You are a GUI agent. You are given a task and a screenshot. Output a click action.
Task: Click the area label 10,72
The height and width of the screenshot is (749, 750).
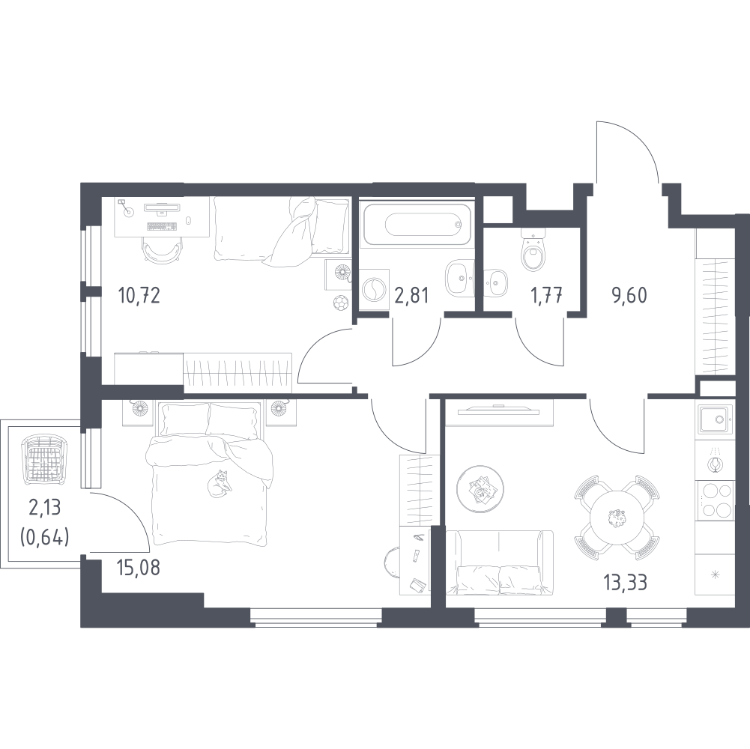[139, 296]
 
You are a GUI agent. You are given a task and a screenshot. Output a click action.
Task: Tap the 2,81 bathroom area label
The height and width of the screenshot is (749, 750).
[411, 296]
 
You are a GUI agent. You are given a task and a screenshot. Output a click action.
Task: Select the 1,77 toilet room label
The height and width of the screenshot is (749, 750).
[545, 295]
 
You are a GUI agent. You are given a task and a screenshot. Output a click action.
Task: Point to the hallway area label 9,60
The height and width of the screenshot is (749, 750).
[629, 296]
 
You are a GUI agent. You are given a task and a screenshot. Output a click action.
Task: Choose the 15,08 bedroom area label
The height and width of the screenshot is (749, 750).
[138, 568]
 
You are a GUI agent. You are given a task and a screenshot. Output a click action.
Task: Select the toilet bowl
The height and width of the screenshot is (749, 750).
[533, 249]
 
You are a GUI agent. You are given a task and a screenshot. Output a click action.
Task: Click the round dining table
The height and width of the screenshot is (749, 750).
[617, 517]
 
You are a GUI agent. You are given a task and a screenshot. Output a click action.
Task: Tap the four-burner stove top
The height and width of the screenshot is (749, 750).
[715, 500]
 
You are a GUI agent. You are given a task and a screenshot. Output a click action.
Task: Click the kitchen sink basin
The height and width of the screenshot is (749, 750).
[715, 420]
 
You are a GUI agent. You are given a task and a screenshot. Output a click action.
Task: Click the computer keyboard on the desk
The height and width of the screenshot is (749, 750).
[162, 226]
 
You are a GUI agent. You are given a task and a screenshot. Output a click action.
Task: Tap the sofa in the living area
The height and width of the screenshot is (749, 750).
[499, 562]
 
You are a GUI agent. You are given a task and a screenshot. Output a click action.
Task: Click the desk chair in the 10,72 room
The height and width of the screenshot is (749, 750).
[162, 251]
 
